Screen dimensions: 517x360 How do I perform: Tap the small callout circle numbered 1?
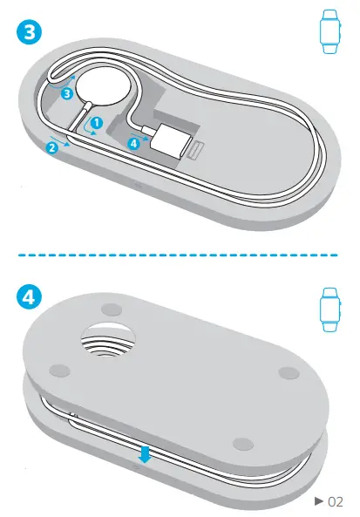98,124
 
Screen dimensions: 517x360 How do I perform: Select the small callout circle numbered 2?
52,147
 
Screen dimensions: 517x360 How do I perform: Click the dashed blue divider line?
180,255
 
